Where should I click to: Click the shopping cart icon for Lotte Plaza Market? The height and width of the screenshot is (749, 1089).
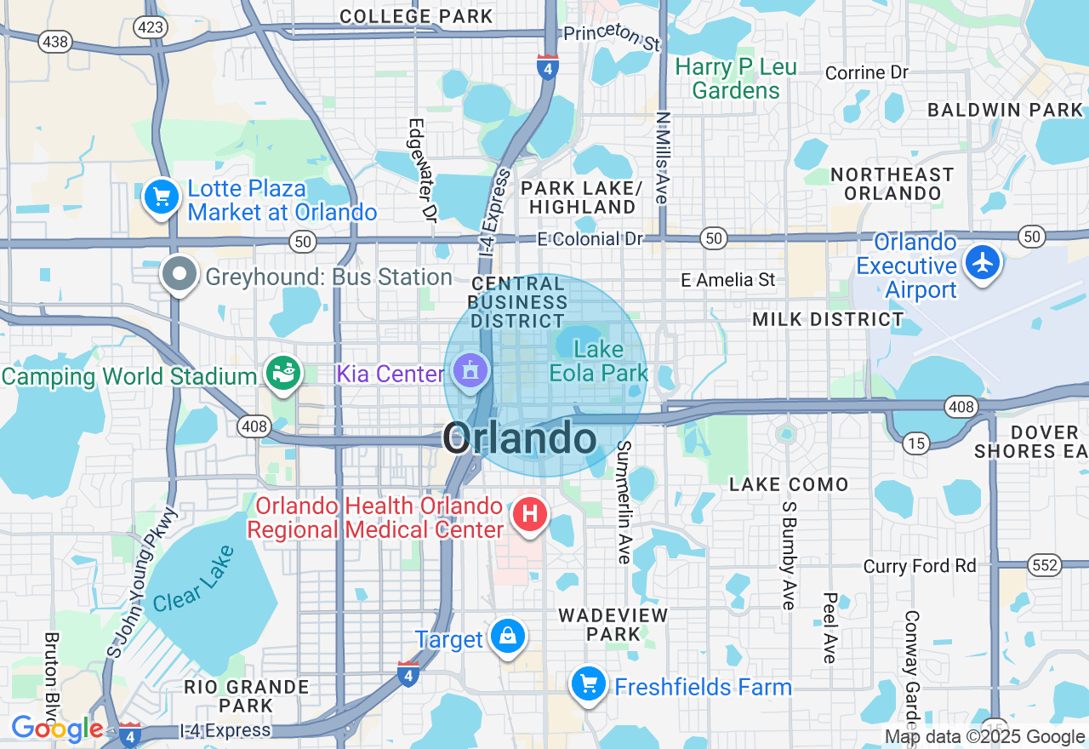tap(161, 197)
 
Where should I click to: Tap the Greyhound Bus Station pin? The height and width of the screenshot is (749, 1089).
tap(180, 274)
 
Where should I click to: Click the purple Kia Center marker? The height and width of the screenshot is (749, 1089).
tap(470, 371)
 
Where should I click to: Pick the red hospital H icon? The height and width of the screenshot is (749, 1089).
tap(529, 514)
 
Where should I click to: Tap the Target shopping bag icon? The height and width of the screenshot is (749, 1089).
tap(508, 636)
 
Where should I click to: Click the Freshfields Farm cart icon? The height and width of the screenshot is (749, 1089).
tap(588, 683)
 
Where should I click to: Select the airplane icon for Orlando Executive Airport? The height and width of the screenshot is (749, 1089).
tap(984, 261)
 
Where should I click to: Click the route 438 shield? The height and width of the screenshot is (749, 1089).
tap(55, 41)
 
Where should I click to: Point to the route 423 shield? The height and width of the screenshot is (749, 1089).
tap(150, 27)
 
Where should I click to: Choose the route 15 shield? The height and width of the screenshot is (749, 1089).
tap(915, 443)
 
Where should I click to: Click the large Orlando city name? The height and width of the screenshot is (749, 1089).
tap(519, 439)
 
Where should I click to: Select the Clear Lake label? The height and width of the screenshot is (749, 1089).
tap(190, 579)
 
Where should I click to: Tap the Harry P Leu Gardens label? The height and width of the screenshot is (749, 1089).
tap(736, 79)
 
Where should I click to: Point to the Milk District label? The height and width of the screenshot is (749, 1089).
tap(828, 319)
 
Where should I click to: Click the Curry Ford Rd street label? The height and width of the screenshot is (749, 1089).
tap(920, 566)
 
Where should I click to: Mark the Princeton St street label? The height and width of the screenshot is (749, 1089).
tap(613, 36)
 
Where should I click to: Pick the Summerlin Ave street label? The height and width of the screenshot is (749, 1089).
tap(624, 501)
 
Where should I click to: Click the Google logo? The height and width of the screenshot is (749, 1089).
tap(57, 729)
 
